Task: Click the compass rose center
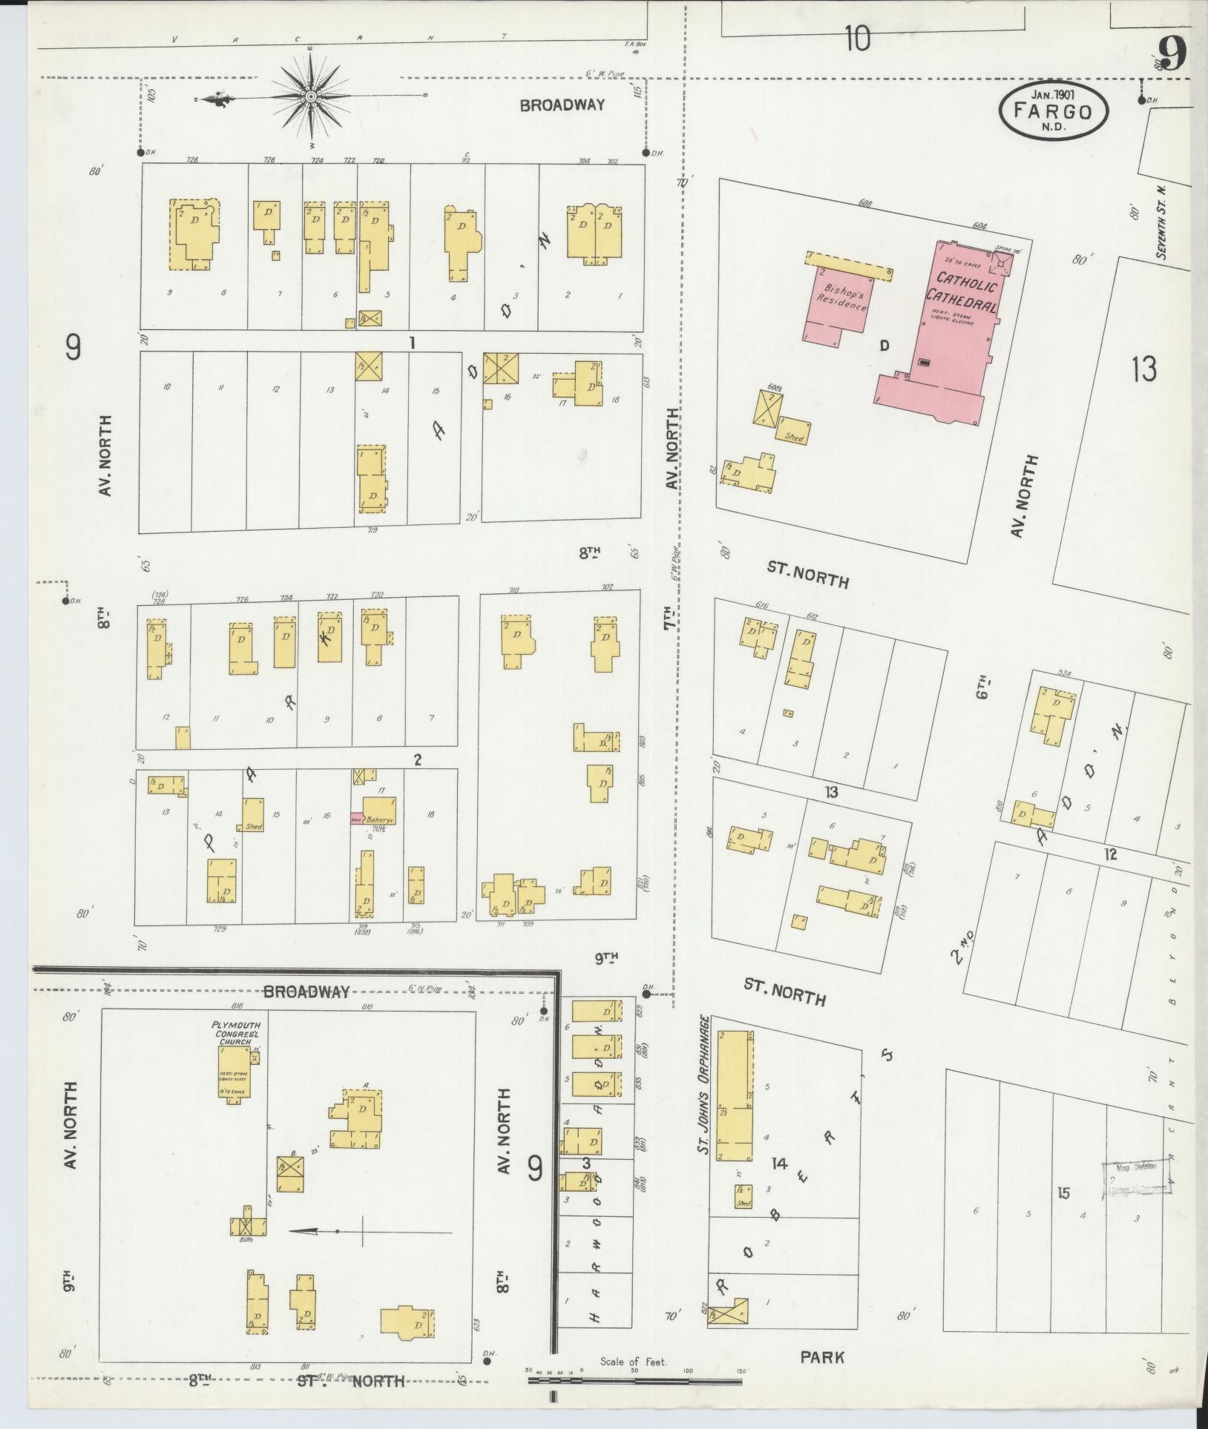coord(311,97)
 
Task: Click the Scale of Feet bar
coord(634,1380)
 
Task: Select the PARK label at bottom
coord(822,1358)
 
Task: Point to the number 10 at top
coord(856,38)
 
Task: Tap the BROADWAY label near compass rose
coord(562,105)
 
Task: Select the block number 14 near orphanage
coord(778,1163)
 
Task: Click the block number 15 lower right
coord(1064,1193)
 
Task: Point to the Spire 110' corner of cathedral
coord(1002,263)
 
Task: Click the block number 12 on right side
coord(1110,854)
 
